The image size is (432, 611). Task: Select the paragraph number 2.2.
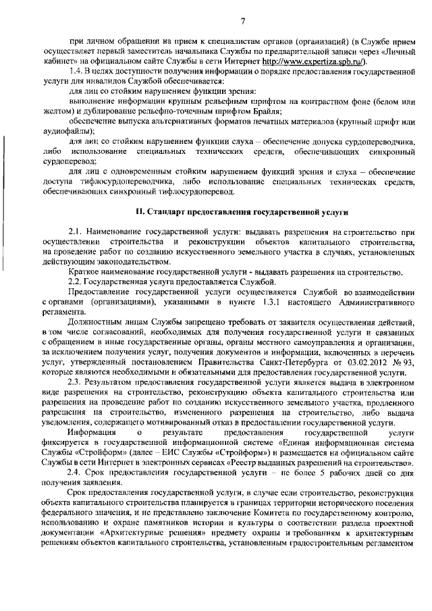pos(78,282)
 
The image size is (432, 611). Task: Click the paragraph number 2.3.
pos(78,383)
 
